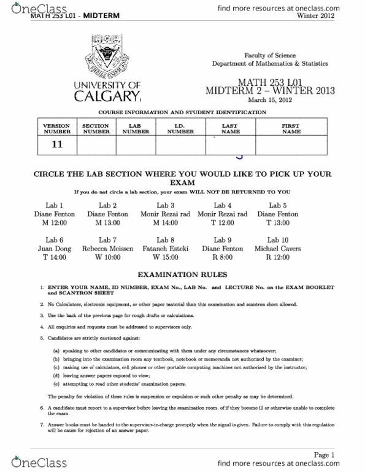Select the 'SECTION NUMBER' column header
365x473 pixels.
tap(96, 128)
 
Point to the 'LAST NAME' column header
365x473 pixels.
tap(231, 128)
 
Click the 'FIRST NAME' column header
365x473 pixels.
tap(291, 128)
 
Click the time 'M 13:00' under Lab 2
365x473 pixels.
tap(107, 223)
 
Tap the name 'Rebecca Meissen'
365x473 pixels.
tap(107, 249)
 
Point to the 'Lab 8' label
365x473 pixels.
tap(165, 240)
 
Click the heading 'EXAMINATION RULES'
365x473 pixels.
tap(182, 274)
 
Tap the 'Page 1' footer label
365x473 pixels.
tap(324, 455)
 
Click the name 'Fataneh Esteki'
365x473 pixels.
tap(165, 249)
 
